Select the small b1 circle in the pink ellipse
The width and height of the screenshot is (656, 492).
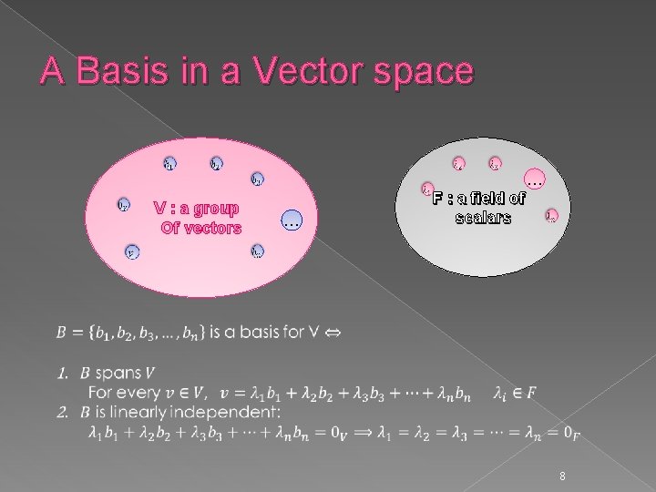(x=169, y=165)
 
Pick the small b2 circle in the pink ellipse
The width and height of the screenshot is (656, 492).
(x=217, y=165)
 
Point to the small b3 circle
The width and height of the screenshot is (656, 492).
(x=257, y=179)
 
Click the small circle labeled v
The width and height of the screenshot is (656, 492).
(x=133, y=253)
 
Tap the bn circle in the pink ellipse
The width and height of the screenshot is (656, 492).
(x=257, y=252)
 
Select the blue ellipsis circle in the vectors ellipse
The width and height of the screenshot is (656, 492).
(x=292, y=220)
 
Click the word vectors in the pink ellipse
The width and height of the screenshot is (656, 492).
(x=212, y=229)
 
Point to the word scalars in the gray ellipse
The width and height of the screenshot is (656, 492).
(x=483, y=218)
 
